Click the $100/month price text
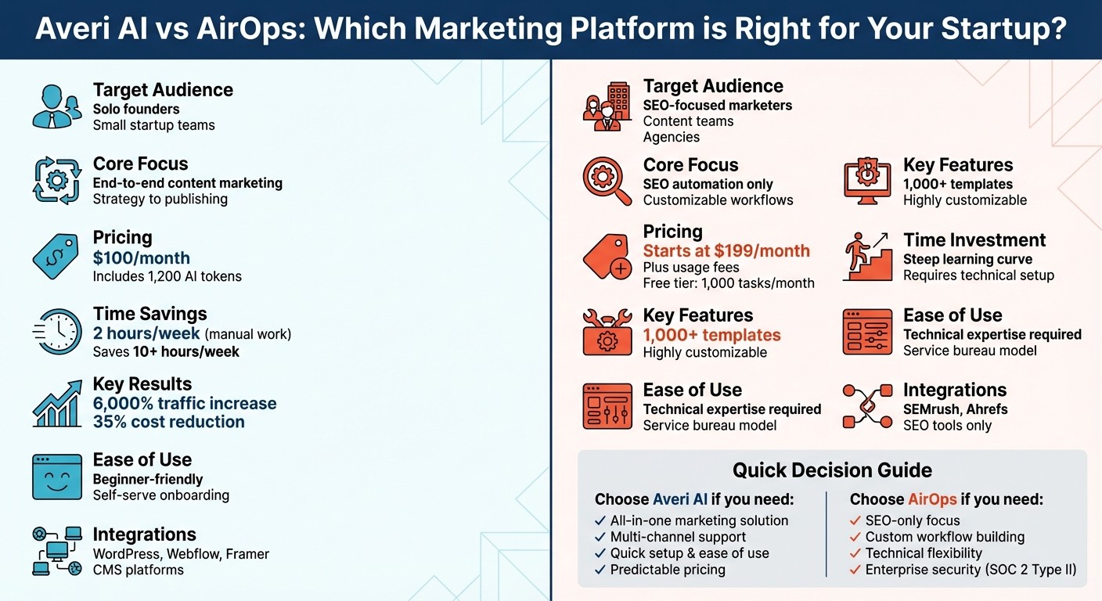tap(141, 257)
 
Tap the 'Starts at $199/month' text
tap(726, 251)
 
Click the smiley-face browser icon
tap(57, 477)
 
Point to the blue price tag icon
tap(56, 256)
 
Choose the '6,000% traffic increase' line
tap(185, 404)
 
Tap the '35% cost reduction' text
tap(168, 422)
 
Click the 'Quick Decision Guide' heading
tap(832, 470)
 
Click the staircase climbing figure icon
tap(867, 256)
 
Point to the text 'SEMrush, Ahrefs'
tap(955, 409)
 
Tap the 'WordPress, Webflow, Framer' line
tap(181, 554)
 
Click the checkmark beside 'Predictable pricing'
tap(600, 570)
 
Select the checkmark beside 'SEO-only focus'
tap(855, 520)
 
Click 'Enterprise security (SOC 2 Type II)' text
tap(971, 570)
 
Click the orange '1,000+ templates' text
tap(711, 335)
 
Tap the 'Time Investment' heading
tap(974, 240)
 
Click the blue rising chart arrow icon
tap(57, 403)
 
